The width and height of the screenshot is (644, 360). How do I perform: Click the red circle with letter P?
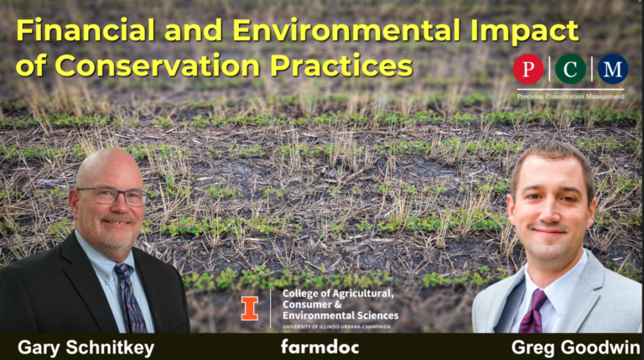[x=528, y=69]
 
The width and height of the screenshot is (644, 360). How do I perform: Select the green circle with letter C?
[x=570, y=69]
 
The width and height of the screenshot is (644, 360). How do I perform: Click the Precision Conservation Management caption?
[x=570, y=97]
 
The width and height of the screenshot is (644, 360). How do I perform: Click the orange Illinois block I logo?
[x=250, y=308]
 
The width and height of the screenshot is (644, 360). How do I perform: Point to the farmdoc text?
[x=319, y=346]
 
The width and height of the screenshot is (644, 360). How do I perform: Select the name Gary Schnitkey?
[x=85, y=346]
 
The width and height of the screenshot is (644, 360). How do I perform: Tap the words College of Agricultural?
[x=337, y=293]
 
